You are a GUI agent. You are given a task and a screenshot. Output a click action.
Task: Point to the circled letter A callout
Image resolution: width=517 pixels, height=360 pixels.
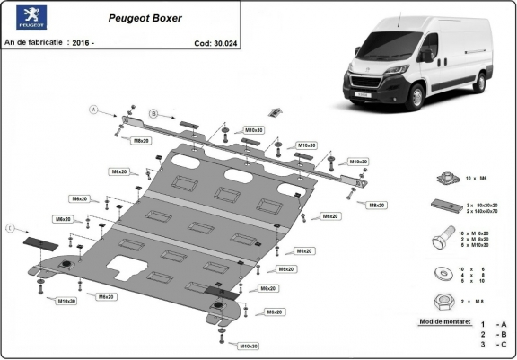[x=92, y=110]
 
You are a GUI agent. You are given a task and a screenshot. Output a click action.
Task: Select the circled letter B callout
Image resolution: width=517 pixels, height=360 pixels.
[x=153, y=114]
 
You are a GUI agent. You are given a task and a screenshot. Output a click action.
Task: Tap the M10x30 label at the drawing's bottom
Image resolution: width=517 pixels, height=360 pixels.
[x=249, y=346]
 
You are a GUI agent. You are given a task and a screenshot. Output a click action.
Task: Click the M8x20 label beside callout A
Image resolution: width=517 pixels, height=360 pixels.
[x=141, y=141]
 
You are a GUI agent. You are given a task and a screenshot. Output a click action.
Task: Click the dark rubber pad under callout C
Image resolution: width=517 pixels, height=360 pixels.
[x=39, y=242]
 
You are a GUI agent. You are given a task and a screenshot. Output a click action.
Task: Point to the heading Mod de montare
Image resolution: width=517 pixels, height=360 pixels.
[x=444, y=320]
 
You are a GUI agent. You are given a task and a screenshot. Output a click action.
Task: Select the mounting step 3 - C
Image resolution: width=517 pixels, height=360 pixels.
[x=493, y=344]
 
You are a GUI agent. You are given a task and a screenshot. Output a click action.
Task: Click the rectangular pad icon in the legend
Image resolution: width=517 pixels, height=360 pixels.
[x=442, y=204]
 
